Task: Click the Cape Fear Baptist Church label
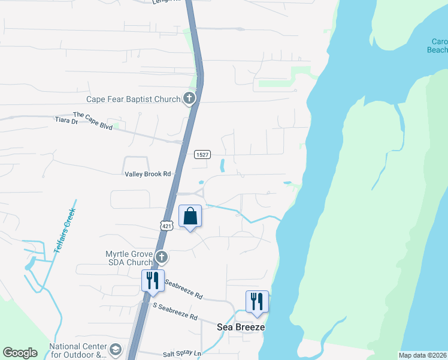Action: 134,100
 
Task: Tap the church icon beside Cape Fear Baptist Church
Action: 189,98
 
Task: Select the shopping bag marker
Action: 190,217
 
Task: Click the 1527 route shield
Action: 201,155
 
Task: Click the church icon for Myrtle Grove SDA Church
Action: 161,258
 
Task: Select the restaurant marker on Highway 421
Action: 153,280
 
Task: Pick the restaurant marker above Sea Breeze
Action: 257,301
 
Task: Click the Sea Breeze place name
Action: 240,328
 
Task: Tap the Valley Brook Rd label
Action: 148,174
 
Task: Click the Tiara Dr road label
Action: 66,121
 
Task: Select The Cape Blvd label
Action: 93,115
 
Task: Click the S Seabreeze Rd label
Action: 175,311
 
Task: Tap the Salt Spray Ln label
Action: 182,355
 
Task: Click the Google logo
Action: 19,353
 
